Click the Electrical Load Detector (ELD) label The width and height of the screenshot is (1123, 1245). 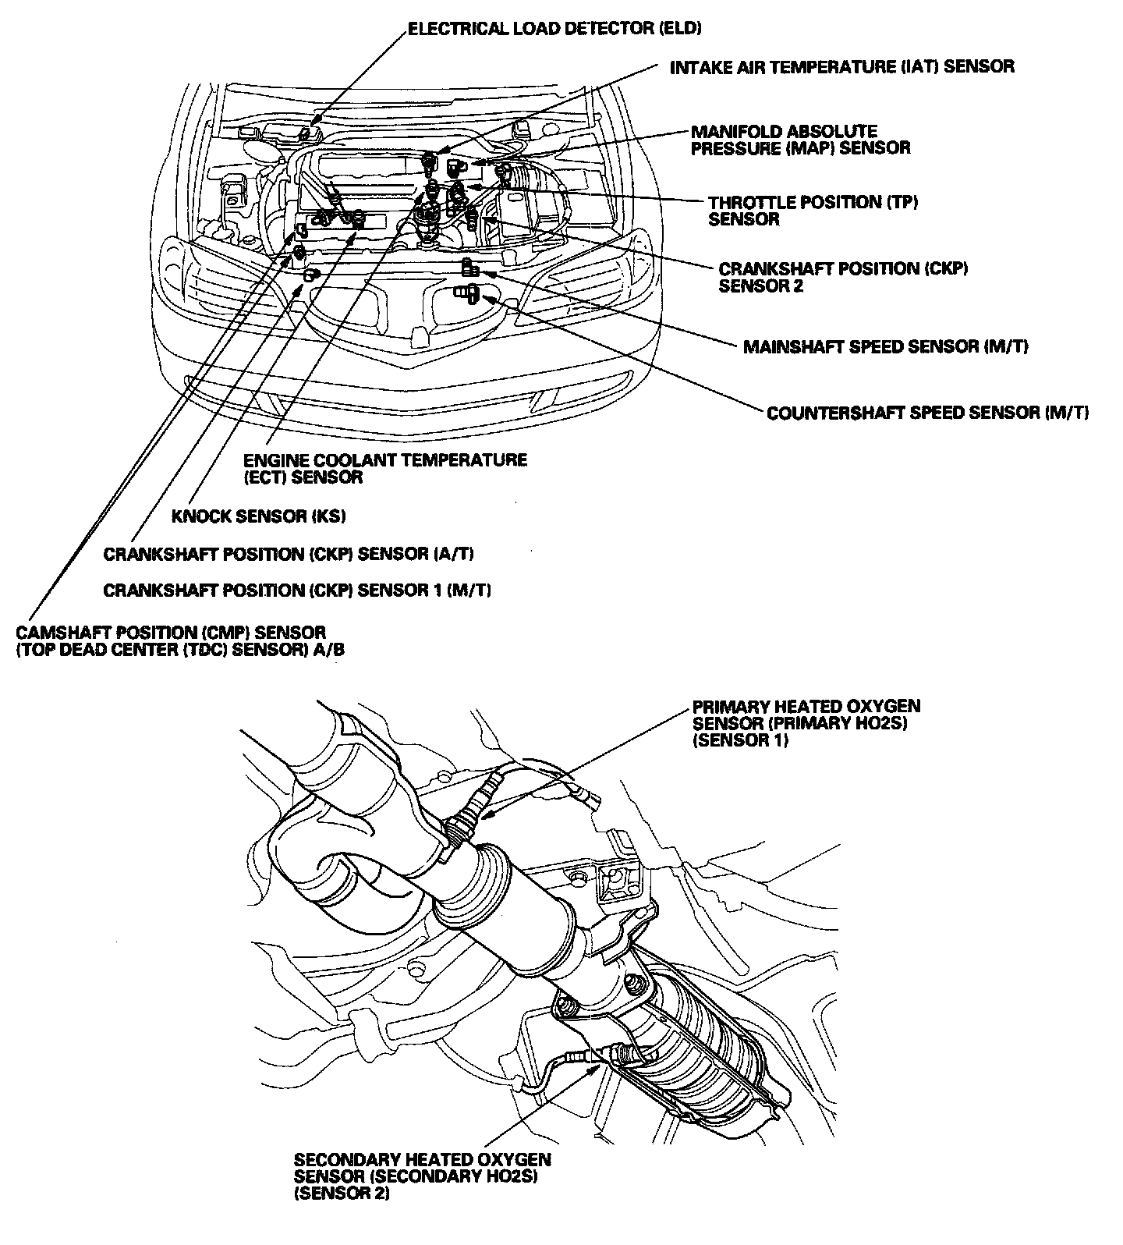(555, 30)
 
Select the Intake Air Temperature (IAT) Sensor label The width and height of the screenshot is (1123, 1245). (842, 66)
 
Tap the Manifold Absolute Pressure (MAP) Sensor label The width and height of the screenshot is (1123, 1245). (800, 140)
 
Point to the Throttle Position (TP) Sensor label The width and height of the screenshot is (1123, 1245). (813, 211)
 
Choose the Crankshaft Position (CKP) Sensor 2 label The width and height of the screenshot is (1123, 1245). (843, 277)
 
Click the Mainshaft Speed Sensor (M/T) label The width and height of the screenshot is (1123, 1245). (885, 346)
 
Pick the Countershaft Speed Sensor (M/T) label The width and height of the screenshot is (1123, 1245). (928, 413)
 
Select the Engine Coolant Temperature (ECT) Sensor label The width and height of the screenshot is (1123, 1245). (385, 468)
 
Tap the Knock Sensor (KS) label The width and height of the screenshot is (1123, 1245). (258, 516)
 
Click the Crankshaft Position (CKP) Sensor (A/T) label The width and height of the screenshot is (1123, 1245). (289, 554)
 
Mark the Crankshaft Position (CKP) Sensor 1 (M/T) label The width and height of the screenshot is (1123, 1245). (297, 590)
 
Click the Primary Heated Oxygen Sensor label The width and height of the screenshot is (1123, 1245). (806, 723)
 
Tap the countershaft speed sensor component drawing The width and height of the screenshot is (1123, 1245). (468, 293)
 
